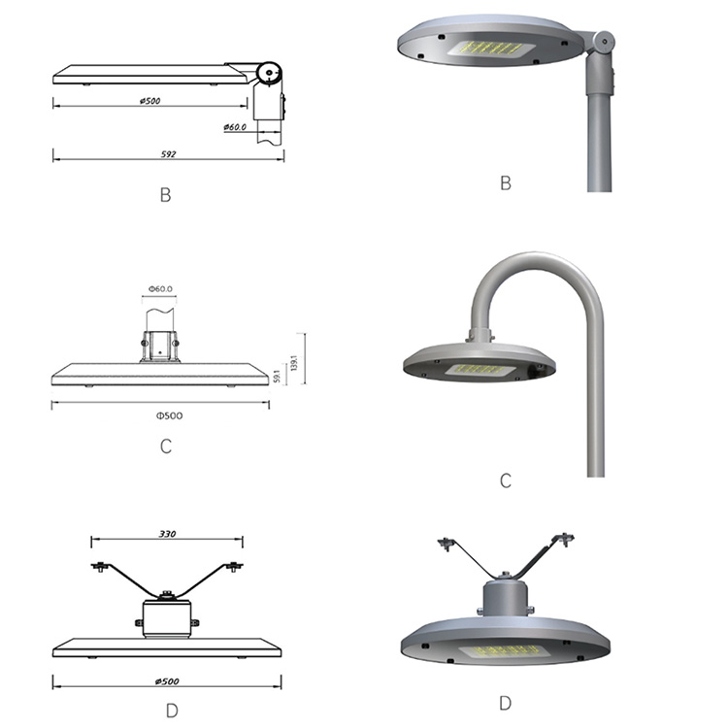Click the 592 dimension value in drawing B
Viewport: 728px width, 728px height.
pyautogui.click(x=169, y=153)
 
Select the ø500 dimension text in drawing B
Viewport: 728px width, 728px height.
pyautogui.click(x=149, y=100)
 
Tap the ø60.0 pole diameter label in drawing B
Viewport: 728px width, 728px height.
pyautogui.click(x=235, y=127)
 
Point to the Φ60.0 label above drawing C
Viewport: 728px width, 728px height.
pyautogui.click(x=160, y=289)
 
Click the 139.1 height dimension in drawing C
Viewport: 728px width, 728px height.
pyautogui.click(x=293, y=363)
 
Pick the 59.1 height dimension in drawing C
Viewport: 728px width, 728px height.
pyautogui.click(x=277, y=376)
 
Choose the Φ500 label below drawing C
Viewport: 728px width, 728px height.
pyautogui.click(x=170, y=415)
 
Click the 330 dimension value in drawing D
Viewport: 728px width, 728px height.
pyautogui.click(x=167, y=534)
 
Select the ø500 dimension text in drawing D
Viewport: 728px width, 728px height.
pyautogui.click(x=167, y=681)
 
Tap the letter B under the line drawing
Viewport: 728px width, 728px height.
pyautogui.click(x=165, y=195)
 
